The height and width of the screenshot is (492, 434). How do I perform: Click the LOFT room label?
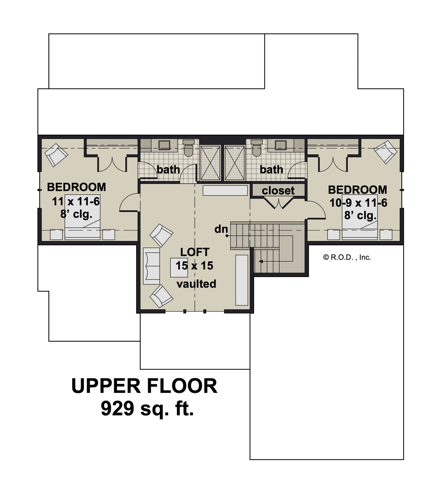[x=195, y=252]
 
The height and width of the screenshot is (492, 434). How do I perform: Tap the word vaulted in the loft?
[x=196, y=284]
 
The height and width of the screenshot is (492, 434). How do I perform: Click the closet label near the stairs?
[x=278, y=191]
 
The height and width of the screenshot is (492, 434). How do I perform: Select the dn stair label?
[x=221, y=229]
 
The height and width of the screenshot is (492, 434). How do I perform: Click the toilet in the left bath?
[x=188, y=148]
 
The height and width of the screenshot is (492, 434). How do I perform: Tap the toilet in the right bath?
[x=257, y=148]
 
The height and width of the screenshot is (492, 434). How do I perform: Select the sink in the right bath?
[x=281, y=145]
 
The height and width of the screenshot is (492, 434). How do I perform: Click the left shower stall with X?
[x=210, y=163]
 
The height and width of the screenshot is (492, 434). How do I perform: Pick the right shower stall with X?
[x=234, y=163]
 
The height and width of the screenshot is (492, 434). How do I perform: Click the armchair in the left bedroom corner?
[x=56, y=154]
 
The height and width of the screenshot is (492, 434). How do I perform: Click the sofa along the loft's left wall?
[x=152, y=266]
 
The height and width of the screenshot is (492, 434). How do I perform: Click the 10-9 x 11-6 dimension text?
[x=358, y=203]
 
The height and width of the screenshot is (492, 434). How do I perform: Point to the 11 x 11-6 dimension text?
[x=76, y=202]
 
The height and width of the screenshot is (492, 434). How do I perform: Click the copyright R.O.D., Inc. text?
[x=347, y=257]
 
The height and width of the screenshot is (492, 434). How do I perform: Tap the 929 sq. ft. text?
[x=147, y=408]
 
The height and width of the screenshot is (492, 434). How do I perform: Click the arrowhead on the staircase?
[x=261, y=261]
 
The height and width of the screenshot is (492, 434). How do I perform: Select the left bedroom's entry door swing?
[x=129, y=203]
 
